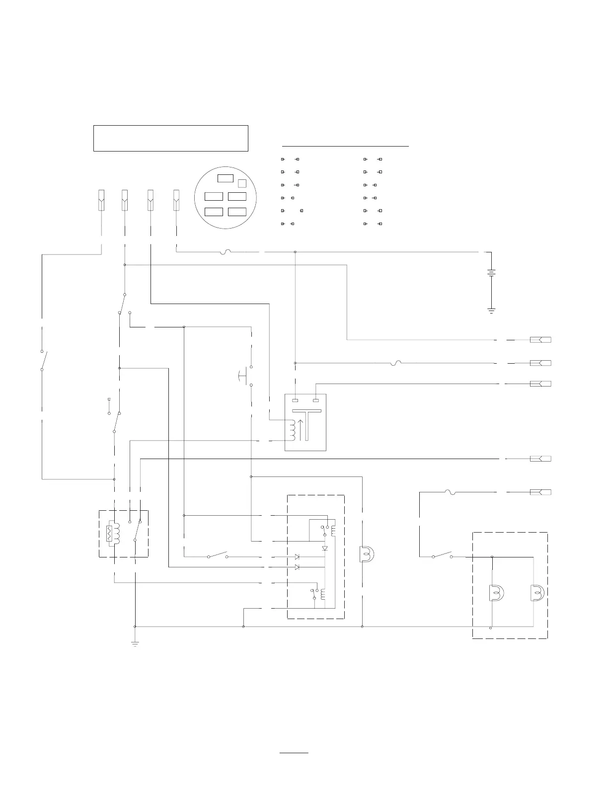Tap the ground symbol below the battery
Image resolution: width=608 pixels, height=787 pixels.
[491, 311]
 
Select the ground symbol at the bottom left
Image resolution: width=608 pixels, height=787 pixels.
[135, 644]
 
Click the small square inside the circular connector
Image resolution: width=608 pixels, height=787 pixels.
[242, 183]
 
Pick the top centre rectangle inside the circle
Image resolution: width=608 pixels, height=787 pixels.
[226, 179]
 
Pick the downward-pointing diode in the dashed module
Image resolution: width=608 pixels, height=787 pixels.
[325, 548]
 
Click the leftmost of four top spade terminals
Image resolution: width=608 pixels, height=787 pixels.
[101, 200]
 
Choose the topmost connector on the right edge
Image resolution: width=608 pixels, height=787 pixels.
[540, 340]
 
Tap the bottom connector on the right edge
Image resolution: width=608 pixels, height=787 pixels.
[540, 492]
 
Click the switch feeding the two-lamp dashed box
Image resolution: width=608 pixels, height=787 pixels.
[442, 555]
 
